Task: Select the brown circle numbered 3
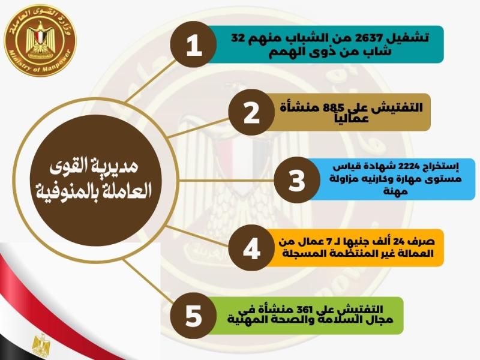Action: pos(297,179)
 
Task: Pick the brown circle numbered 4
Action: pos(251,248)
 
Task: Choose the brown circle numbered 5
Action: pos(193,316)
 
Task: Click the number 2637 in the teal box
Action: pos(366,38)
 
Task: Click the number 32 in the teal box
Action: pos(237,38)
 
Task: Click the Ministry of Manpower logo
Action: pos(40,41)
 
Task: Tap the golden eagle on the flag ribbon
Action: pos(41,344)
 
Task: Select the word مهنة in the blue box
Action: pos(395,191)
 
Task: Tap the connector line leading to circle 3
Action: pos(226,181)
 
